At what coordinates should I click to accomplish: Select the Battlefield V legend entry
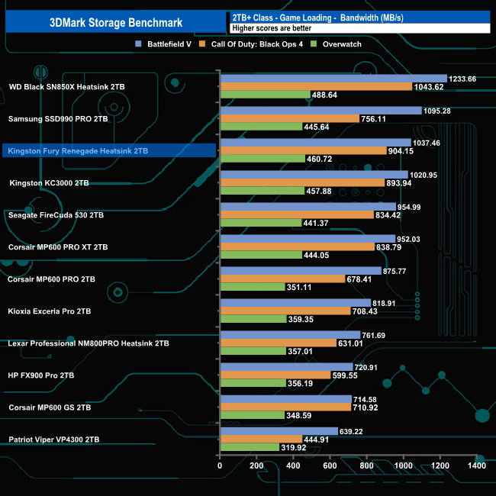coord(163,44)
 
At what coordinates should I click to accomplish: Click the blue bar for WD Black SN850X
coord(333,79)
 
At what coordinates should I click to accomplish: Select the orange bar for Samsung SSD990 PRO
coord(289,119)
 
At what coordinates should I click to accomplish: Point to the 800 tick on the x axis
coord(366,466)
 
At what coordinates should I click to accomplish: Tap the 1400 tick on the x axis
coord(476,466)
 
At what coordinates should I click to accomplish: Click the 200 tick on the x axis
coord(256,466)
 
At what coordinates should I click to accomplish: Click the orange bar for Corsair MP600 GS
coord(285,407)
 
